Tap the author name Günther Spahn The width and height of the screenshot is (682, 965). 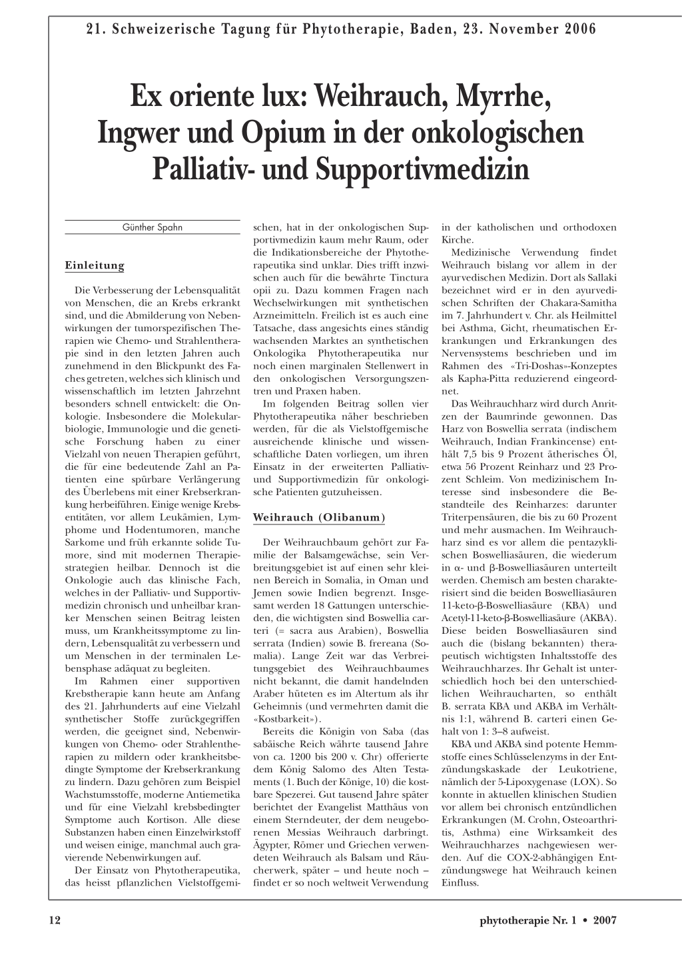pos(153,227)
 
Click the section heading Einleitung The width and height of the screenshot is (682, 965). pos(95,265)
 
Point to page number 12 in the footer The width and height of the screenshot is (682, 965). pos(55,920)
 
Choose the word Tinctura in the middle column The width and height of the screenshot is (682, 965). pos(405,278)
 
